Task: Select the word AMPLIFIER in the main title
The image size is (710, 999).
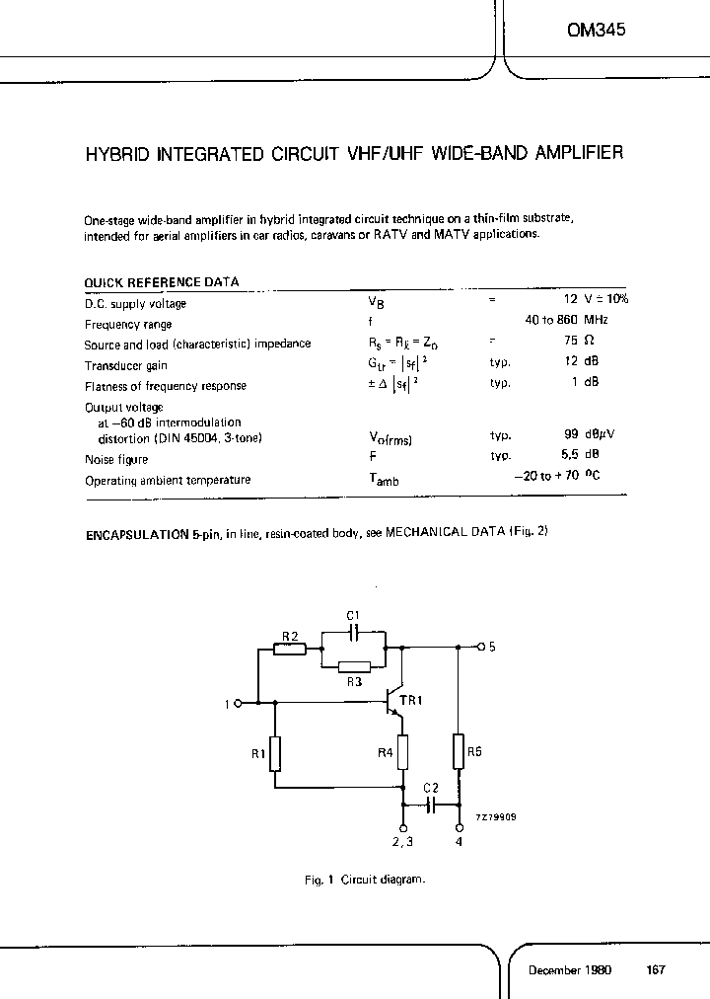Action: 574,154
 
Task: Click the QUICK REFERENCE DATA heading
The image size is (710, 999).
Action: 162,282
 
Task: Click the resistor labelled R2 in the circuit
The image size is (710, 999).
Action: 290,650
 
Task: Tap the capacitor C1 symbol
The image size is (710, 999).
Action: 355,631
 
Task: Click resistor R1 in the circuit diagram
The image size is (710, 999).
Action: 275,753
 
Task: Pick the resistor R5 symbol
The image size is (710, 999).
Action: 459,750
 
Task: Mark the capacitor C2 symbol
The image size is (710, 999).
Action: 431,805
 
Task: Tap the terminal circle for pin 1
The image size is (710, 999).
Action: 239,703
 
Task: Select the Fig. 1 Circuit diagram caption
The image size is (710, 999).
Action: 364,880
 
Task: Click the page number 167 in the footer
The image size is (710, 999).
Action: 656,970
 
